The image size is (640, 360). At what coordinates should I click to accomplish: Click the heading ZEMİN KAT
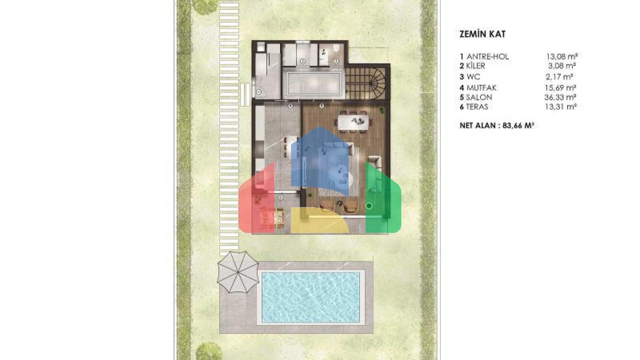point(482,34)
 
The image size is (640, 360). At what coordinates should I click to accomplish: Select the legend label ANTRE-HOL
point(488,57)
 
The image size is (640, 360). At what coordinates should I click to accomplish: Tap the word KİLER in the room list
point(475,66)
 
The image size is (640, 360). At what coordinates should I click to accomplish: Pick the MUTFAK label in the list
point(481,87)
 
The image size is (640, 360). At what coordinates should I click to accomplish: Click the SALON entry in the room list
point(479,97)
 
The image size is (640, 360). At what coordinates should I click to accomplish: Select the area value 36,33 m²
point(560,97)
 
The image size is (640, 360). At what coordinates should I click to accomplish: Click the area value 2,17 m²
point(559,77)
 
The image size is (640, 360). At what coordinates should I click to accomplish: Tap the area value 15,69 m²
point(560,87)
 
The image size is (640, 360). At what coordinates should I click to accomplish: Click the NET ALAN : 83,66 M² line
point(497,125)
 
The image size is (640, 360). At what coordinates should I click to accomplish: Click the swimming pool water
point(310,297)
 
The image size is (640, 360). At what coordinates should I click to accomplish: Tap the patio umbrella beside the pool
point(238,272)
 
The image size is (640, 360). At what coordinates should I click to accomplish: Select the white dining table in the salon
point(353,122)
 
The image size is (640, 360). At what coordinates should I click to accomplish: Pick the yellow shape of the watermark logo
point(320,220)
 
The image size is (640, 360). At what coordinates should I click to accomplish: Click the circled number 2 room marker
point(303,61)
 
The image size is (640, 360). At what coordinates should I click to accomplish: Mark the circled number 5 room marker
point(322,106)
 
